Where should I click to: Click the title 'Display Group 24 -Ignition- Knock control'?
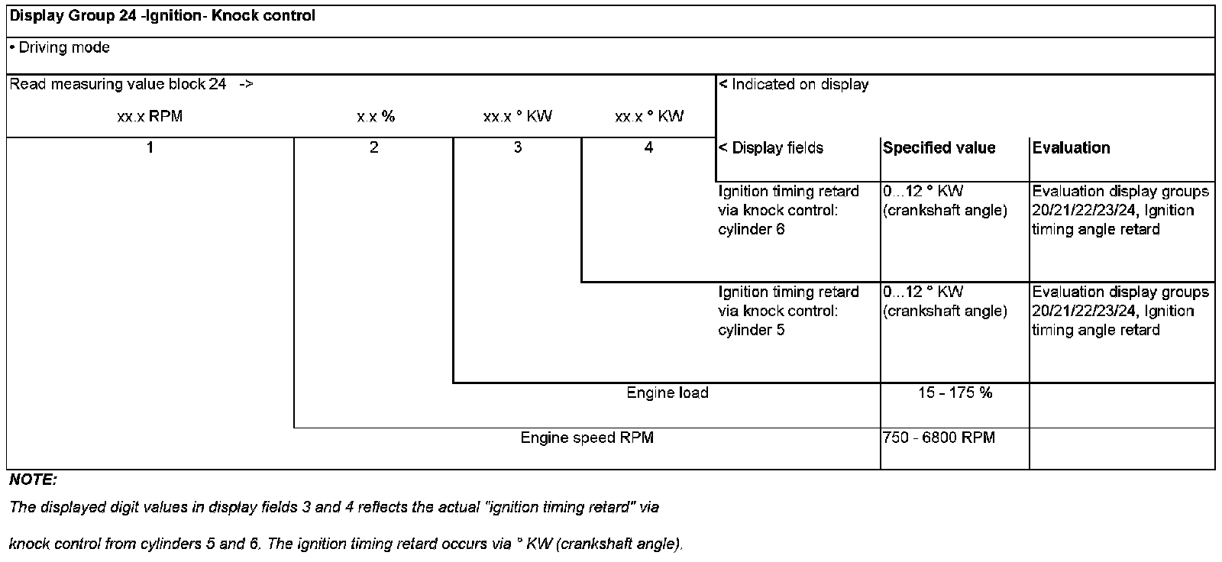pos(162,15)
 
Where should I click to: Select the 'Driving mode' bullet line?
pos(60,47)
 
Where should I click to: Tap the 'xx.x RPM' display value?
pos(150,117)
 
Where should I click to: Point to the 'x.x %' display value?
pos(375,117)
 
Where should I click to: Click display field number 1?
pos(150,147)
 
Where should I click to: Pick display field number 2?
pos(373,147)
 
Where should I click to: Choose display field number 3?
pos(517,147)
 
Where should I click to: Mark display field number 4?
pos(648,147)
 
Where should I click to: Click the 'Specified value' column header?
pos(939,148)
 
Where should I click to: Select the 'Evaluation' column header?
pos(1071,148)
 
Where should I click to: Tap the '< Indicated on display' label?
pos(794,85)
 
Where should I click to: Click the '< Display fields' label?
pos(771,148)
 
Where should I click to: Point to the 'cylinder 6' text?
pos(751,229)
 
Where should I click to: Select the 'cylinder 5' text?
pos(751,330)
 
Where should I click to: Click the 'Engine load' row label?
pos(667,392)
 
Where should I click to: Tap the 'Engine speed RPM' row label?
pos(587,438)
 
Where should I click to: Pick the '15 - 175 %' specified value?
pos(955,392)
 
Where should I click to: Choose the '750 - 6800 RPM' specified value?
pos(939,438)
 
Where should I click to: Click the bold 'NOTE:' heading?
pos(33,480)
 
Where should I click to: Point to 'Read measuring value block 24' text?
pos(118,85)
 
